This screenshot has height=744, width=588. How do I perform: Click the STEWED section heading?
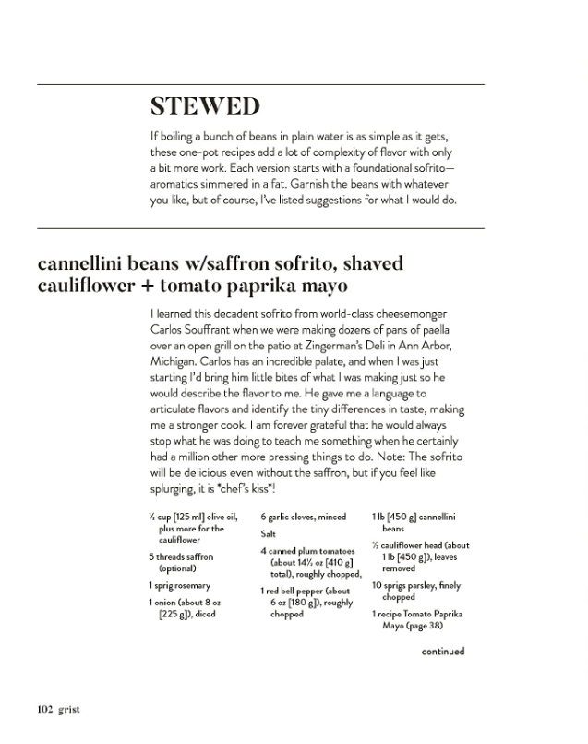click(204, 107)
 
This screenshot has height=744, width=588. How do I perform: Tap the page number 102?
click(45, 709)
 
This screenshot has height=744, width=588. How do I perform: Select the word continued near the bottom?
click(442, 651)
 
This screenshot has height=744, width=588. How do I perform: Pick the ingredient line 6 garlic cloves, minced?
click(303, 518)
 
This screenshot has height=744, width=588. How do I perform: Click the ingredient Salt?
click(269, 534)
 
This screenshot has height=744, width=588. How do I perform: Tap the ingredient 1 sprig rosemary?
click(179, 586)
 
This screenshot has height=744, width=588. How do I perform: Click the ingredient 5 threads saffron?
click(181, 557)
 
